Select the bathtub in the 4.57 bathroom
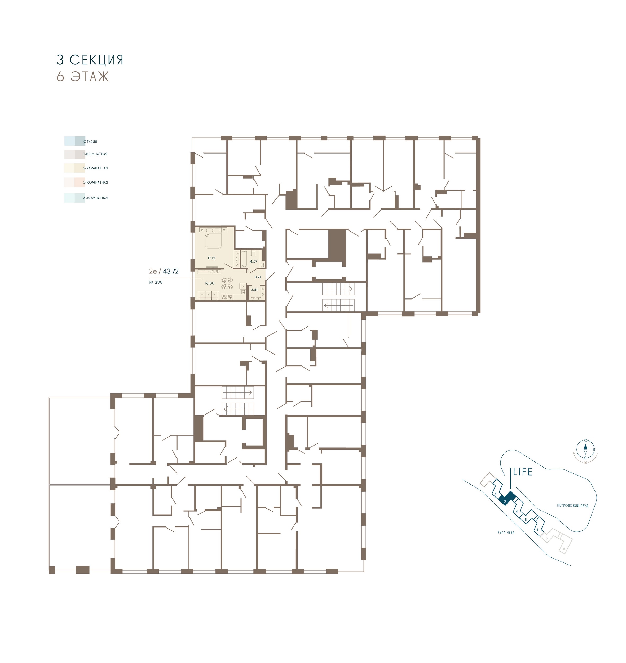(244, 259)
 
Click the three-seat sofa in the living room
(208, 295)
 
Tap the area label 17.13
(211, 258)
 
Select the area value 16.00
(210, 283)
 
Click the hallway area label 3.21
(258, 277)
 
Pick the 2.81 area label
(254, 289)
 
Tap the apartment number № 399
(156, 282)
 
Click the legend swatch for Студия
(75, 141)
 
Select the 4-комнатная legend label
(96, 198)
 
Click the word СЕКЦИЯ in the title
(97, 60)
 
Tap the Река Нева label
(506, 533)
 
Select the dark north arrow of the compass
(585, 447)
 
